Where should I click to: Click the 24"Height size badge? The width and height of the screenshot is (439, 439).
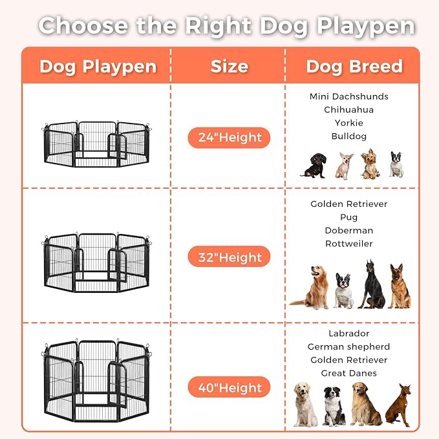click(229, 137)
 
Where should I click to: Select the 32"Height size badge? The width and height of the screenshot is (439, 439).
click(229, 257)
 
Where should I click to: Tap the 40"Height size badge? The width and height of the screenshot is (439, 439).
click(229, 388)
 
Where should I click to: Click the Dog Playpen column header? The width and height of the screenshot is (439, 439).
click(98, 67)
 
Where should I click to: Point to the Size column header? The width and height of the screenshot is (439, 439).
click(229, 67)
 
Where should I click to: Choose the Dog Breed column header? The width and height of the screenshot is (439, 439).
click(354, 67)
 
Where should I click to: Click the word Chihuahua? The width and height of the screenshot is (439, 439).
click(348, 109)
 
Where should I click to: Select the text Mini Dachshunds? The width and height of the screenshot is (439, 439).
click(348, 96)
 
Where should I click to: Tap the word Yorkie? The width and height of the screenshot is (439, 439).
click(348, 123)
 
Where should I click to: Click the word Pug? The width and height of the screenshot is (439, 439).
click(348, 217)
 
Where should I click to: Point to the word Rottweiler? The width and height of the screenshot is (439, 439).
click(348, 244)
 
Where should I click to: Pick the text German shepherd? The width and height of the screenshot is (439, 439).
click(348, 347)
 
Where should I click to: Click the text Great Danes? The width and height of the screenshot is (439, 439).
click(348, 373)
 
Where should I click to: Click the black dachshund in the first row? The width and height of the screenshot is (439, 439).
click(314, 166)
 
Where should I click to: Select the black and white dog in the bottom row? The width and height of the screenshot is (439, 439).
click(334, 406)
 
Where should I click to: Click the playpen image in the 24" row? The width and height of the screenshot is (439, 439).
click(96, 144)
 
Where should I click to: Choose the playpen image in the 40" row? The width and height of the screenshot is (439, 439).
click(96, 381)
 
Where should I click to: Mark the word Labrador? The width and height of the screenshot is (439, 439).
click(348, 334)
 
